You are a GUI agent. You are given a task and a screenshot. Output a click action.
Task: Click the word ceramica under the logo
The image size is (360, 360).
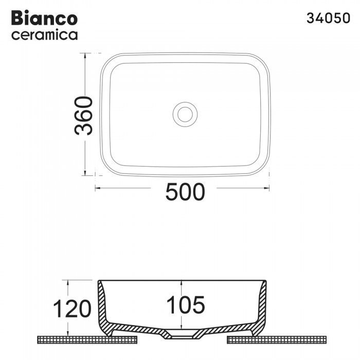tap(44, 35)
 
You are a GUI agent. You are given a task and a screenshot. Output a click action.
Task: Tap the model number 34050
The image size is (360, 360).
tap(328, 17)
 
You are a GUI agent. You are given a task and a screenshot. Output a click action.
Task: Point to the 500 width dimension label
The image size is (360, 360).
tap(185, 192)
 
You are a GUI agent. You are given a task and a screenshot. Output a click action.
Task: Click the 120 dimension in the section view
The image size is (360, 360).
tap(72, 309)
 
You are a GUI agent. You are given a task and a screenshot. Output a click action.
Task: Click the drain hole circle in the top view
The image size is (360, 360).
tap(183, 113)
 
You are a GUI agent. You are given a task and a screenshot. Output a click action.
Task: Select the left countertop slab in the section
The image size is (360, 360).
tap(87, 339)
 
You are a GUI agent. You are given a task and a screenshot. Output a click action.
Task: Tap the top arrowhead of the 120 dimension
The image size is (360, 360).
tap(67, 282)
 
